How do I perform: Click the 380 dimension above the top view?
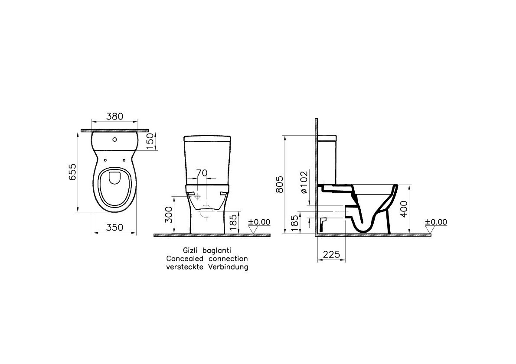114,116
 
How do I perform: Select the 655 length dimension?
72,172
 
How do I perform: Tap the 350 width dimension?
114,227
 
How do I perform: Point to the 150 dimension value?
150,141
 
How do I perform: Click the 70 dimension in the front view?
202,172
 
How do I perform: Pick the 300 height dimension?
169,215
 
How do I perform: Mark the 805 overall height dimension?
279,185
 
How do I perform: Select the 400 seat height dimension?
404,208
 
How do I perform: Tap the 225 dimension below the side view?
331,254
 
